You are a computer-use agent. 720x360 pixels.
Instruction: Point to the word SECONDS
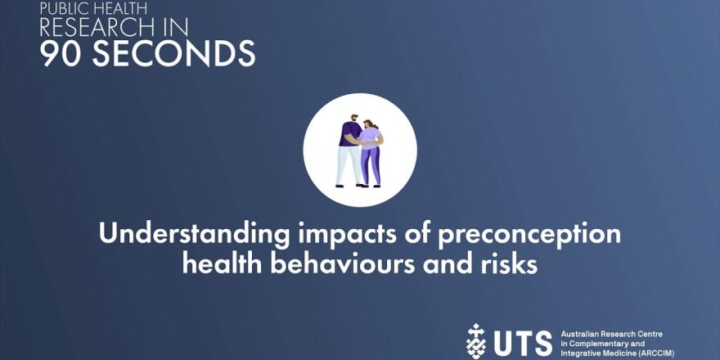pos(173,53)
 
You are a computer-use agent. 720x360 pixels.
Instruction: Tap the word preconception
pos(529,235)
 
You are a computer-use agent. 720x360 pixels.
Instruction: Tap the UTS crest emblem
pos(475,341)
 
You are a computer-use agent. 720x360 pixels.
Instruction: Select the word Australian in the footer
pos(576,335)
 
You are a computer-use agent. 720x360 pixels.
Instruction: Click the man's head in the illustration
pos(354,119)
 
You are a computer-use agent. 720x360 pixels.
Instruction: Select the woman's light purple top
pos(370,137)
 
